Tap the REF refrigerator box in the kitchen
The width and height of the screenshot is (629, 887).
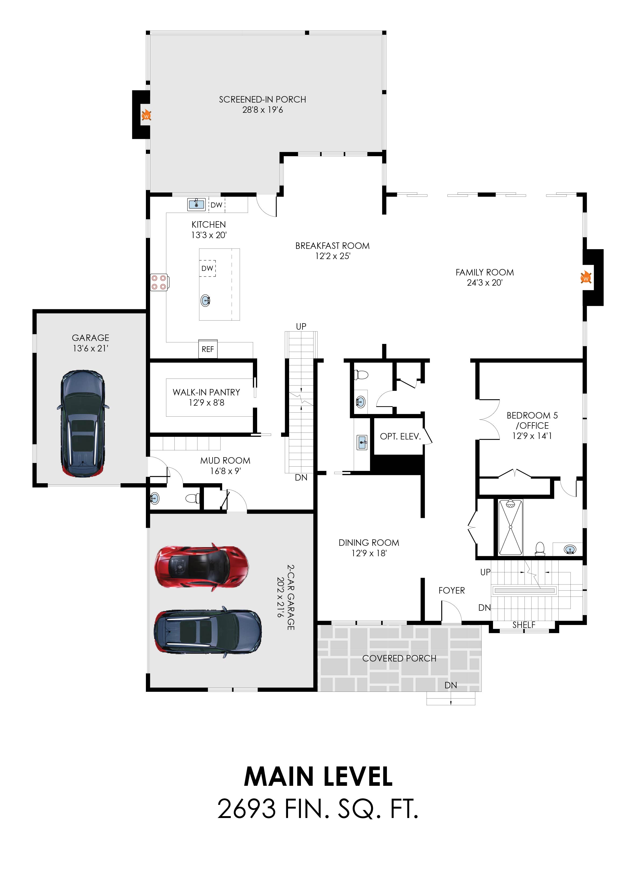pyautogui.click(x=208, y=349)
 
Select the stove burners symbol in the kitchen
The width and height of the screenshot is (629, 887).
pyautogui.click(x=159, y=282)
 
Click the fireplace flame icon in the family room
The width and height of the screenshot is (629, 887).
pyautogui.click(x=586, y=278)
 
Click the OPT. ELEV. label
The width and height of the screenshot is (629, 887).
pyautogui.click(x=400, y=437)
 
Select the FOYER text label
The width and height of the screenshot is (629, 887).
pyautogui.click(x=452, y=591)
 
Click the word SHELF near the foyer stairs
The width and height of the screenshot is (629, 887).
pyautogui.click(x=524, y=625)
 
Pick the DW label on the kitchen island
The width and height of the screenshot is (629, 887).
pyautogui.click(x=207, y=268)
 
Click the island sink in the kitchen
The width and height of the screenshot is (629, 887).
pyautogui.click(x=206, y=300)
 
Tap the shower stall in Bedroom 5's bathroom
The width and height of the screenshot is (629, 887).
pyautogui.click(x=511, y=527)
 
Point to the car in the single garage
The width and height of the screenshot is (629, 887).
pyautogui.click(x=82, y=424)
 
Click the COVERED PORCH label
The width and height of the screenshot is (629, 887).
pyautogui.click(x=399, y=658)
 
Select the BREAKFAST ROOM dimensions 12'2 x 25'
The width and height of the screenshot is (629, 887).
pyautogui.click(x=333, y=256)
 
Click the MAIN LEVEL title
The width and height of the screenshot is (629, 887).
pyautogui.click(x=318, y=776)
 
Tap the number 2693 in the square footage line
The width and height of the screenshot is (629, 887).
pyautogui.click(x=247, y=809)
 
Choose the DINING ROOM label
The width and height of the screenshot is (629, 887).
pyautogui.click(x=369, y=543)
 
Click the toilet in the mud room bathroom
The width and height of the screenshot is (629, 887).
pyautogui.click(x=192, y=498)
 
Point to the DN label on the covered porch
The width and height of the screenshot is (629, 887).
pyautogui.click(x=451, y=685)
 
